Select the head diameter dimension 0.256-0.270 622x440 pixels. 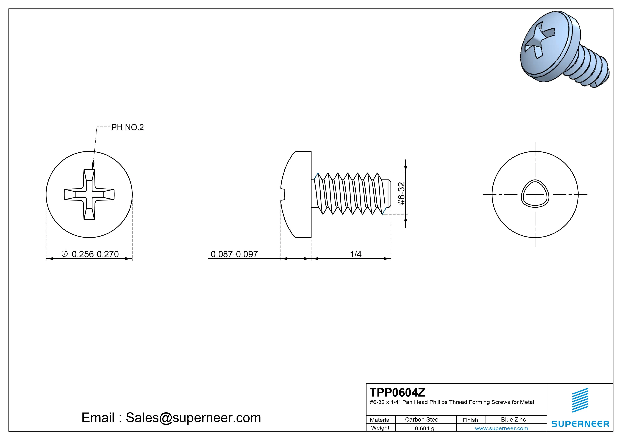click(95, 254)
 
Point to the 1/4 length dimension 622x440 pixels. click(356, 254)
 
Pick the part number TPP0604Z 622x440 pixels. click(397, 392)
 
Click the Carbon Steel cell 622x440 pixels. click(422, 419)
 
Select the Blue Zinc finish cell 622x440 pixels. click(513, 419)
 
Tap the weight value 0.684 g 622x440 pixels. click(424, 428)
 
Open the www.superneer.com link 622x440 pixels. click(501, 428)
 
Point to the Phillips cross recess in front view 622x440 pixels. click(89, 194)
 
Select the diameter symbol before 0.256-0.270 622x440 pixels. click(65, 254)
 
